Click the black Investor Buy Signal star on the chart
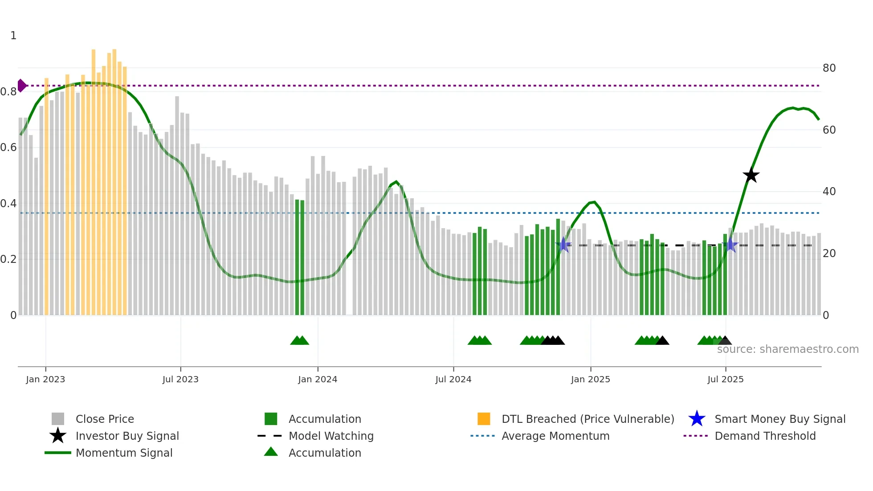click(751, 175)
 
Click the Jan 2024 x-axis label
click(318, 379)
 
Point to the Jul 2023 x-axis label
click(180, 379)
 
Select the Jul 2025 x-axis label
click(726, 379)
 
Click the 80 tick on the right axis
click(829, 68)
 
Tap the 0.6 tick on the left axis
click(8, 147)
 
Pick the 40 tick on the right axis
click(829, 192)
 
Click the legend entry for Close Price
click(105, 419)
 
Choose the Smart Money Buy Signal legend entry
click(779, 419)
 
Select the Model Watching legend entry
click(331, 436)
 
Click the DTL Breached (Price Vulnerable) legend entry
click(587, 419)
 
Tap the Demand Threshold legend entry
click(765, 436)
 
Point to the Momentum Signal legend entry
click(124, 453)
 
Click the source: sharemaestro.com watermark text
click(787, 349)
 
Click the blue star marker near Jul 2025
click(730, 245)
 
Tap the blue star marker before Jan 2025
click(563, 245)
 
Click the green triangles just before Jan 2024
click(300, 340)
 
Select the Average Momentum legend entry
click(555, 436)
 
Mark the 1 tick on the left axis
click(13, 36)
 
